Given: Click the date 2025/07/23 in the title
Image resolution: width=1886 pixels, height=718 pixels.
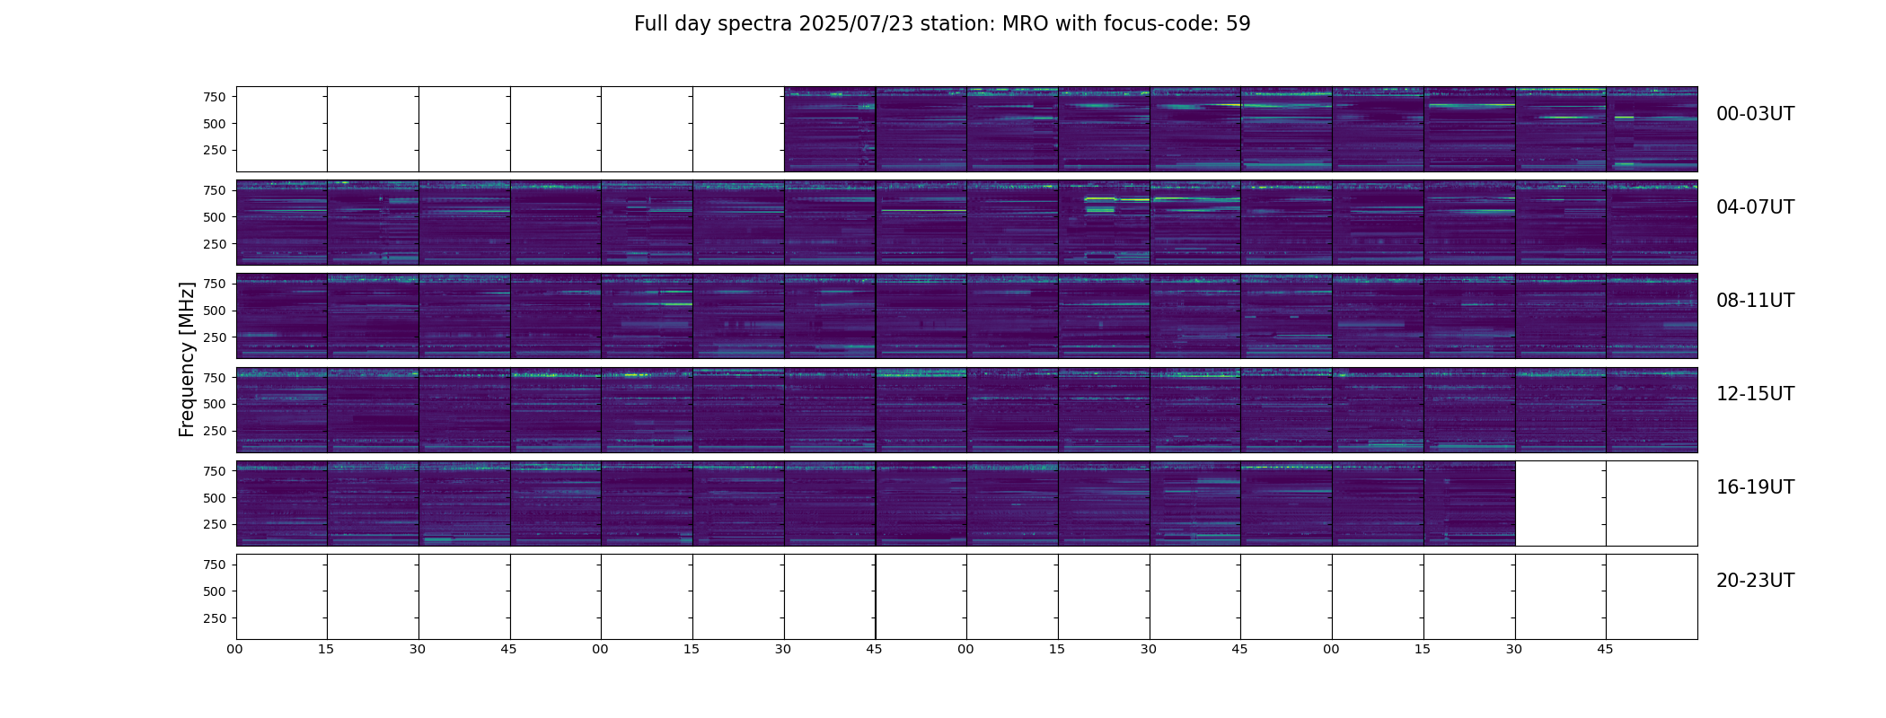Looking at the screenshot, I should (x=856, y=24).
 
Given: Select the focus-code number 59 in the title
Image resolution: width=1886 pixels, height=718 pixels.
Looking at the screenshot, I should (x=1238, y=24).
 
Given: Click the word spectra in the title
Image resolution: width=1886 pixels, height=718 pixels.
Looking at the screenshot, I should (x=758, y=24).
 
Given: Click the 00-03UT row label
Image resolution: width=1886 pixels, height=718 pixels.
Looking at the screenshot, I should (x=1755, y=114).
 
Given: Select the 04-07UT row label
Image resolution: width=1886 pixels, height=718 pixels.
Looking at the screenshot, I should (x=1755, y=207).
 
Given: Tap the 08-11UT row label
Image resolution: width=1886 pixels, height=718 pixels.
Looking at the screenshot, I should (x=1755, y=301).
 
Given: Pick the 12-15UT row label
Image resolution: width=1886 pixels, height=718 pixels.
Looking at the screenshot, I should (x=1755, y=394).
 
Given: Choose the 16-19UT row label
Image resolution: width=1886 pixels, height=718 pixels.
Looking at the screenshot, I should (x=1755, y=487).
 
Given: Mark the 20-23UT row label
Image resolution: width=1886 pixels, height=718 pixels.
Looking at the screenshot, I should (x=1755, y=581).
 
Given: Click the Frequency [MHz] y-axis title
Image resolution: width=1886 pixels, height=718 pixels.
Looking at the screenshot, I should (x=187, y=359).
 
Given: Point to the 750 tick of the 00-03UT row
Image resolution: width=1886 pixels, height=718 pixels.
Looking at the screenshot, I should (x=215, y=97).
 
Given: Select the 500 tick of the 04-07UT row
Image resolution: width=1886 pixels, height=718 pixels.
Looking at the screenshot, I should (x=215, y=217).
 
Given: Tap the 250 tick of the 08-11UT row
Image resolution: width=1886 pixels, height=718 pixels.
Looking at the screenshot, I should (x=215, y=337).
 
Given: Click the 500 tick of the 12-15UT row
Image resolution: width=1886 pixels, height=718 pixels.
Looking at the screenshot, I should (x=215, y=404).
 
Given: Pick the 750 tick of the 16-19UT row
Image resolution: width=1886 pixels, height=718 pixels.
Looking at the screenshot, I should (x=215, y=471).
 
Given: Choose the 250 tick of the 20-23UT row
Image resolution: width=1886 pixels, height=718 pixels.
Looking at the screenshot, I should (x=215, y=618).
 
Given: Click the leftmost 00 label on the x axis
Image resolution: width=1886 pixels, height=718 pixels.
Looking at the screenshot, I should (x=235, y=650).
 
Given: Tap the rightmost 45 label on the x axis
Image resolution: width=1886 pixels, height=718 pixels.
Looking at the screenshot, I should (x=1605, y=650).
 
